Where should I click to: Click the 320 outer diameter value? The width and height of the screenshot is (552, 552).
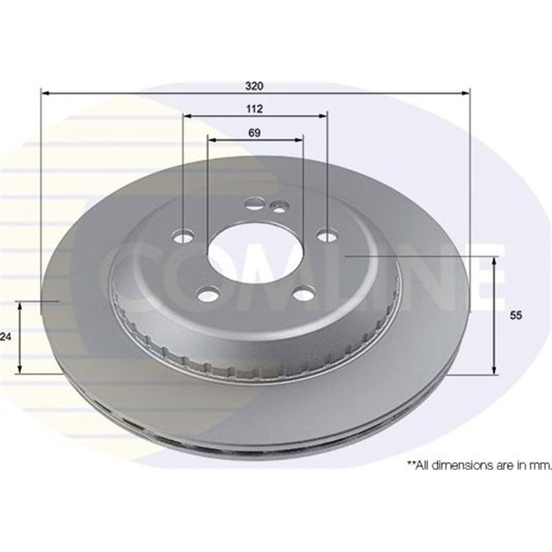pyautogui.click(x=255, y=87)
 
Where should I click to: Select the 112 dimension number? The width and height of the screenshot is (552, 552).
pyautogui.click(x=255, y=110)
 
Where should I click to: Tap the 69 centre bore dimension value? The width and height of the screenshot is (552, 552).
pyautogui.click(x=255, y=134)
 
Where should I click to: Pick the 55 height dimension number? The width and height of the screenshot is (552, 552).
pyautogui.click(x=515, y=315)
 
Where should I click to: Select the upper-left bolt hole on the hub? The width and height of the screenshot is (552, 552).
pyautogui.click(x=184, y=236)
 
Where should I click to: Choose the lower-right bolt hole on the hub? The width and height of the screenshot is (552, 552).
pyautogui.click(x=303, y=295)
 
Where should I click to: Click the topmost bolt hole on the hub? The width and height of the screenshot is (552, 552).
pyautogui.click(x=253, y=204)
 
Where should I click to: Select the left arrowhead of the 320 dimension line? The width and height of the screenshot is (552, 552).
pyautogui.click(x=45, y=92)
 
